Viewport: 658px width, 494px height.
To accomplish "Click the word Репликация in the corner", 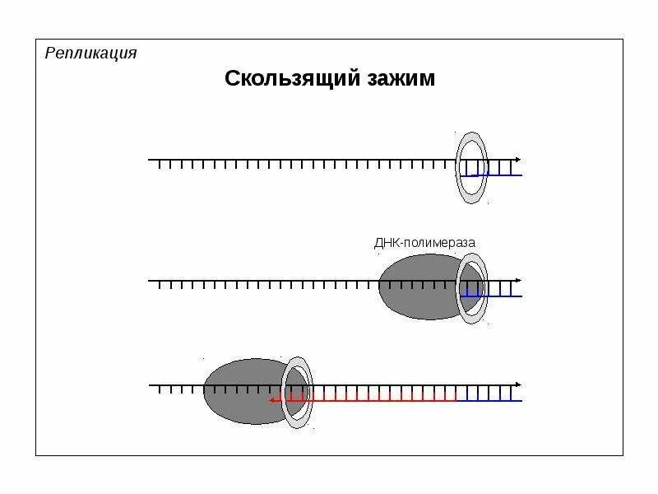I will click(90, 54).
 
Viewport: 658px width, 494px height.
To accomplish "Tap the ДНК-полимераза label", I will click(424, 243).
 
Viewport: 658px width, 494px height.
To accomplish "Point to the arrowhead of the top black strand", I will click(517, 159).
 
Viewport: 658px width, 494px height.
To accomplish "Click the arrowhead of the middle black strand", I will click(517, 281).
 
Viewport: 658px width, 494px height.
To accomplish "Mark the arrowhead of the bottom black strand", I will click(517, 385).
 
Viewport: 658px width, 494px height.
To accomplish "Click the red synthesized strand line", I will click(370, 400).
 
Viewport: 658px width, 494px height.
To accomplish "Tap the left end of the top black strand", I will click(150, 160).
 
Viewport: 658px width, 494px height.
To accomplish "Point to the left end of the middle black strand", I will click(150, 281).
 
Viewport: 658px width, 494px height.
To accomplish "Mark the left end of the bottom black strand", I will click(150, 385).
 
